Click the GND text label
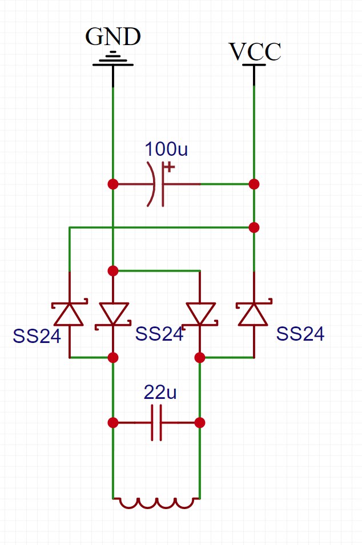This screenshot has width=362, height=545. tap(113, 37)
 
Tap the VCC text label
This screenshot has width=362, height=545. tap(255, 52)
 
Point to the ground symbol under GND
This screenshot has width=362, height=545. tap(113, 59)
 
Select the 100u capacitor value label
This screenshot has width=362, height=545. tap(166, 149)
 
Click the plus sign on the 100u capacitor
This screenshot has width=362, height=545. tap(170, 168)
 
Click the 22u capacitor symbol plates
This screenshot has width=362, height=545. tap(156, 423)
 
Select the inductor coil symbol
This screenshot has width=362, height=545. tap(156, 503)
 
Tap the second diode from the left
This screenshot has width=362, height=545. tap(114, 314)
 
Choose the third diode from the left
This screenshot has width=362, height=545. tap(200, 314)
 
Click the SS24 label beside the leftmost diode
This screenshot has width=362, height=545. tap(37, 336)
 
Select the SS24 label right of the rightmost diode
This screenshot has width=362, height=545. tap(300, 334)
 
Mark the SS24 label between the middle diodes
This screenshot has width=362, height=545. tap(159, 334)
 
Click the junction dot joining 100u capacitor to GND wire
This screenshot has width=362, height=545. tap(113, 184)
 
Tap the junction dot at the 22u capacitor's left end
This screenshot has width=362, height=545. tap(113, 423)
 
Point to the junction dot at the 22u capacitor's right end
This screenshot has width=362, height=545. tap(200, 423)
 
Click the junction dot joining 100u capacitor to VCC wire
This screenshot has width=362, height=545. tap(254, 184)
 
